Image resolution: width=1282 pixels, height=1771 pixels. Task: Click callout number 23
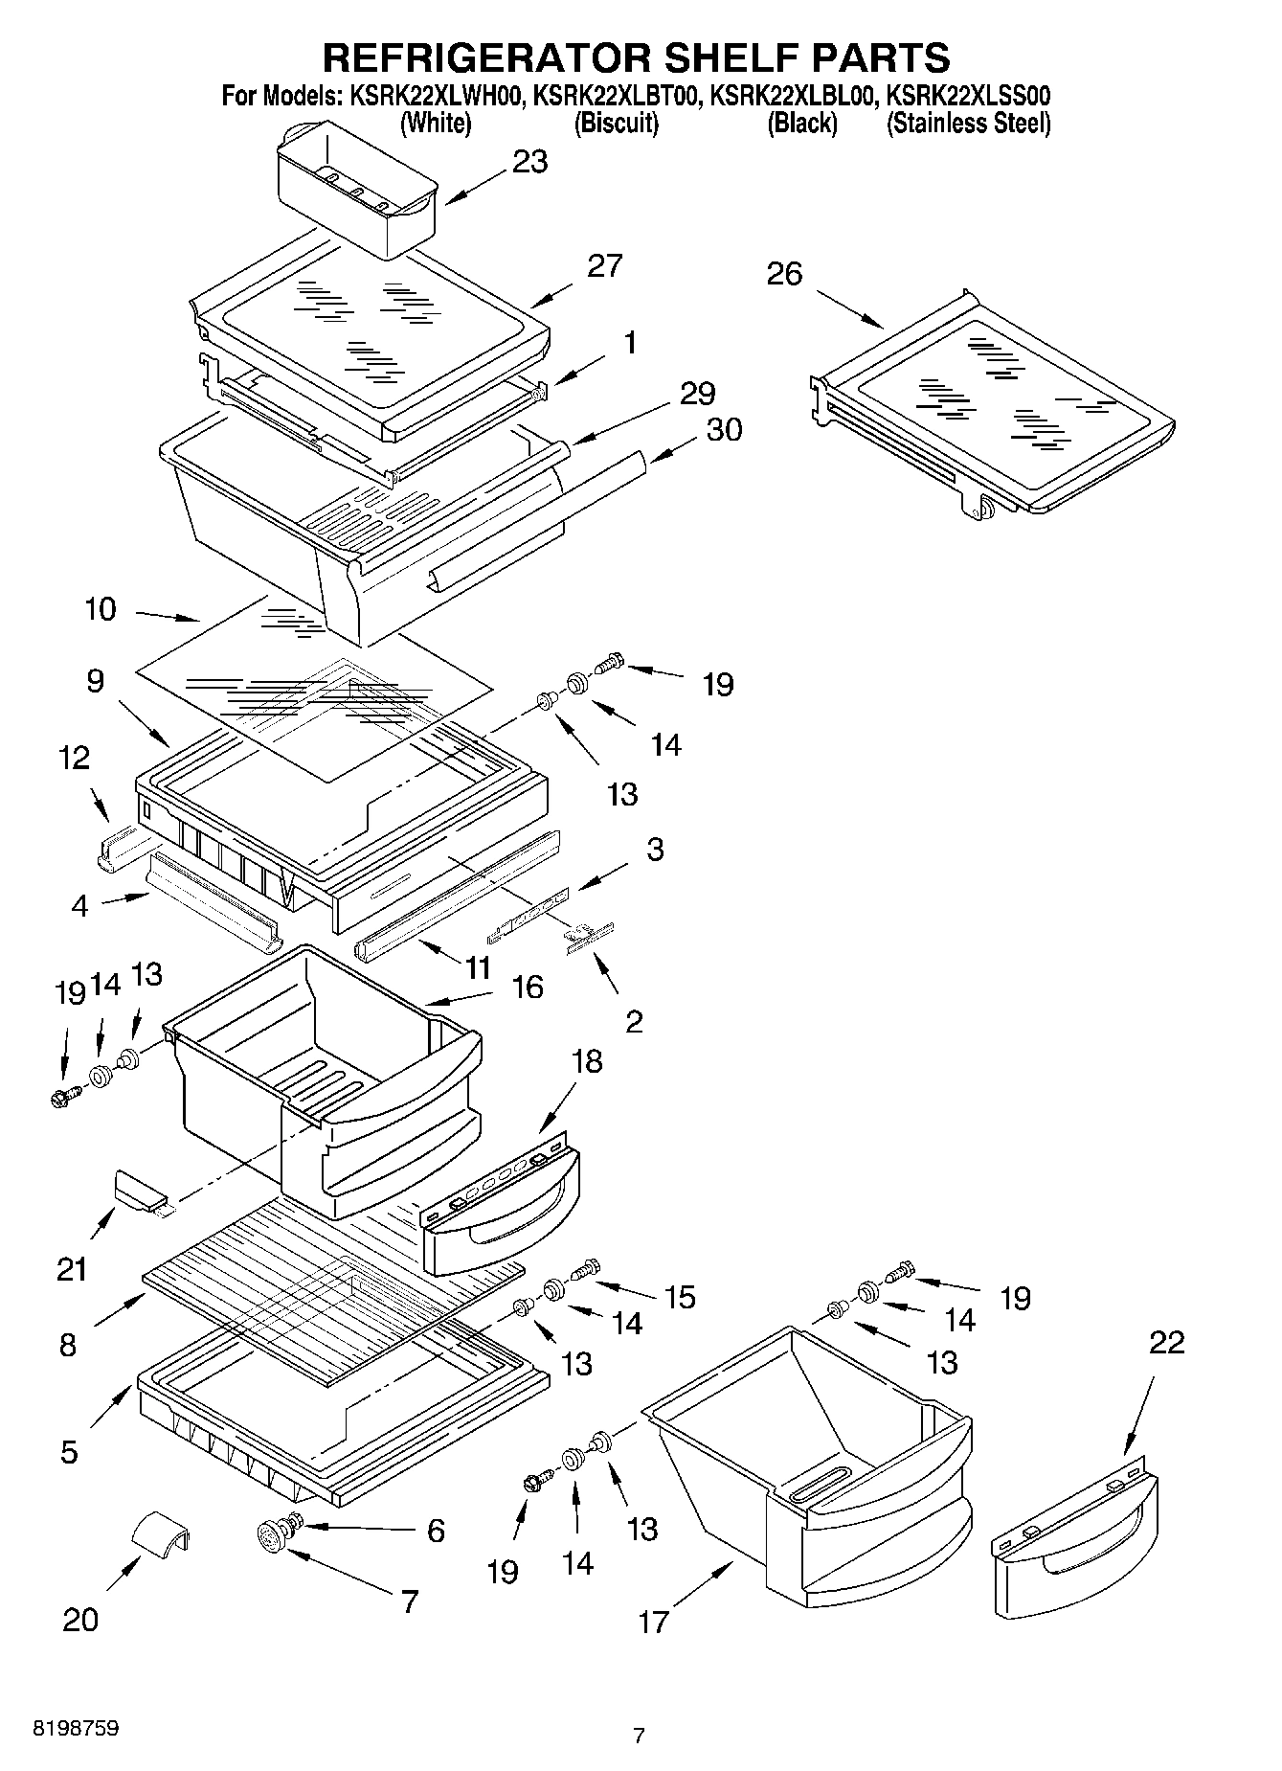(529, 162)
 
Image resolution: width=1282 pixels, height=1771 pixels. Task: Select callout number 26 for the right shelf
(784, 275)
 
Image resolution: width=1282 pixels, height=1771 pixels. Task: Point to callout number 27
(604, 265)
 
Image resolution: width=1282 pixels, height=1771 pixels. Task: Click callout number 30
(724, 430)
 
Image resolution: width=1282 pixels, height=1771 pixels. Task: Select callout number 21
(72, 1270)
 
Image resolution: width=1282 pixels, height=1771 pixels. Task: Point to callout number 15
(680, 1297)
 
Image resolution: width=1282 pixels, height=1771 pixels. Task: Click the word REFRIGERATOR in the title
(485, 57)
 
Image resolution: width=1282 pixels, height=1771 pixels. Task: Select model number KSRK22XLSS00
(969, 96)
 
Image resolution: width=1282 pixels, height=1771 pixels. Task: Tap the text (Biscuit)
(616, 124)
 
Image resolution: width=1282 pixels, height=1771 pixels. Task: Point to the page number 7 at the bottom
(639, 1736)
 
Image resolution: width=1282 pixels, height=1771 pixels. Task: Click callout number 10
(101, 609)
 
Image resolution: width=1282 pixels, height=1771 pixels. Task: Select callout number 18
(588, 1061)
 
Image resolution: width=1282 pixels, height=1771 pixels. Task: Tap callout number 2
(634, 1021)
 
